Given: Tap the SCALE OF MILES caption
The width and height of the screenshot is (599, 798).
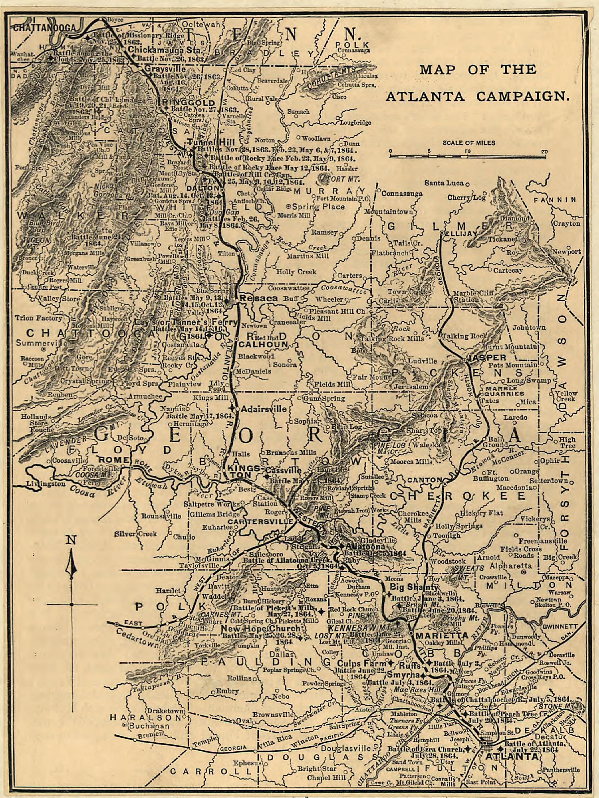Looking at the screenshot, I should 469,143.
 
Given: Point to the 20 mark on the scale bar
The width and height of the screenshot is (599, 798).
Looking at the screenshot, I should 544,151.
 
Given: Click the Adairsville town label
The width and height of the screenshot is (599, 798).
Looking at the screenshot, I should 264,409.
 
